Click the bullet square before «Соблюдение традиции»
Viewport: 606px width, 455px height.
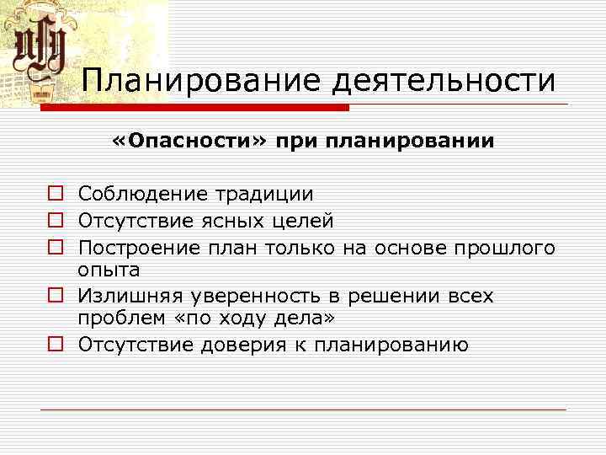coord(56,195)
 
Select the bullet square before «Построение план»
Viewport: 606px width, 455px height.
coord(56,248)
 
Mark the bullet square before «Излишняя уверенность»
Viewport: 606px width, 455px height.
coord(56,297)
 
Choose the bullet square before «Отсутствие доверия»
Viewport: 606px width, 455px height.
coord(56,345)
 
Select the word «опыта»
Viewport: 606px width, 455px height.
coord(109,271)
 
